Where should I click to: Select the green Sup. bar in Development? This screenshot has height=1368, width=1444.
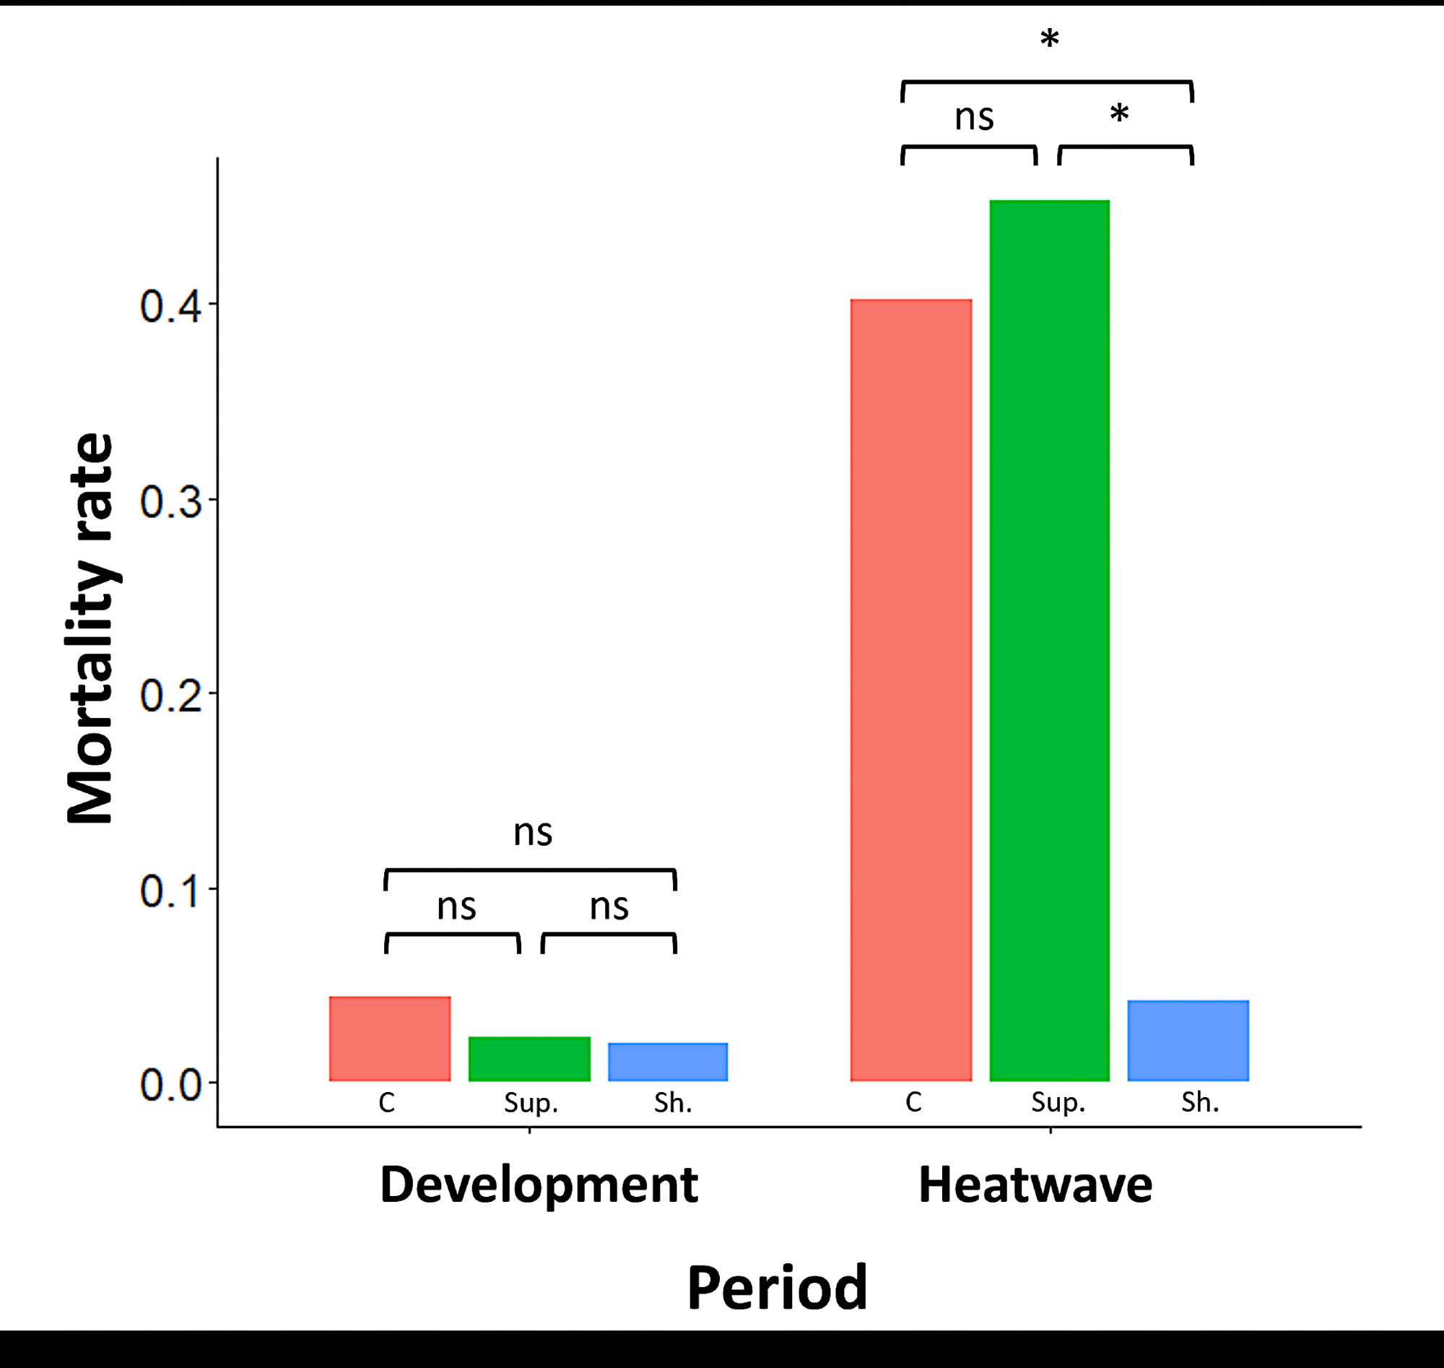coord(529,1058)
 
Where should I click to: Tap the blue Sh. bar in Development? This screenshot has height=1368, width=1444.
coord(668,1061)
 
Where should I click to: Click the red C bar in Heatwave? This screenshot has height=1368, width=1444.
coord(911,689)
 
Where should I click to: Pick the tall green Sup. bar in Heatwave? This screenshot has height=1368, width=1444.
coord(1050,639)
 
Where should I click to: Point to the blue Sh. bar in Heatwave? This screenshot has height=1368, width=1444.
coord(1188,1040)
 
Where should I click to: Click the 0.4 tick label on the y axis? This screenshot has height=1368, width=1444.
coord(170,306)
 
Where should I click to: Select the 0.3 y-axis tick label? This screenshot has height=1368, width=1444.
coord(170,501)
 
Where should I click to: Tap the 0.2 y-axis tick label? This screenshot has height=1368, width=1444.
coord(170,695)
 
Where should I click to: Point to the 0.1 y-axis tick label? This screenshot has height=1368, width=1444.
coord(170,891)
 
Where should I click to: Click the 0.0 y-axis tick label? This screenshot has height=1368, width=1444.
coord(170,1084)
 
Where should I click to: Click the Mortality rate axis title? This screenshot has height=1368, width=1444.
coord(90,628)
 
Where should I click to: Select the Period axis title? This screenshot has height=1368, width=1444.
coord(777,1288)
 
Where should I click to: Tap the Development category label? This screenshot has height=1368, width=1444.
coord(539,1185)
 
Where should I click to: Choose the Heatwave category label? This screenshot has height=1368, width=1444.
coord(1035,1185)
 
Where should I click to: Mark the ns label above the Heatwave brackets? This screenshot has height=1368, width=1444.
coord(974,117)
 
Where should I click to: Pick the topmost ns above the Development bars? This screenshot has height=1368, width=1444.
coord(533,832)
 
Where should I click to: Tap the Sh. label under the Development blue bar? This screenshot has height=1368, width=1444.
coord(673,1103)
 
